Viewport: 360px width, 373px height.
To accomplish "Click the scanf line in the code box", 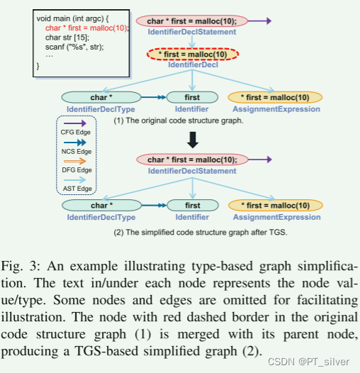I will (74, 47).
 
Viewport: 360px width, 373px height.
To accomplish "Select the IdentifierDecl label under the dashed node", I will (193, 67).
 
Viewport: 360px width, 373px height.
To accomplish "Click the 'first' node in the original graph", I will (191, 98).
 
